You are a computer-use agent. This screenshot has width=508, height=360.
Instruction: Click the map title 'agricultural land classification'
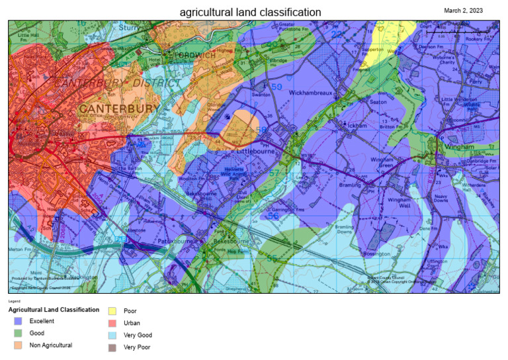tap(251, 12)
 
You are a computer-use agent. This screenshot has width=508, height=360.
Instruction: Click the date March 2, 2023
tap(463, 10)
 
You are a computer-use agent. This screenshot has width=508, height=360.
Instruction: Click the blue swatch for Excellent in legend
tap(18, 321)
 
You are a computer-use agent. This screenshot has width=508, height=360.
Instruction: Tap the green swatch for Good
tap(18, 333)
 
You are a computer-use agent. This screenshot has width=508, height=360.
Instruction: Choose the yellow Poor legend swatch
tap(112, 310)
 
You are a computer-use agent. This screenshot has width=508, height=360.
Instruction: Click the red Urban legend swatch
tap(112, 323)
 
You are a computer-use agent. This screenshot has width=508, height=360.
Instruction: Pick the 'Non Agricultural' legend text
tap(50, 345)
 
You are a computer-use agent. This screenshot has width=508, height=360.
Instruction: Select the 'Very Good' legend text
tap(138, 335)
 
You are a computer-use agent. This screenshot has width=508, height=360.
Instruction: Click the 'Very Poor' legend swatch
tap(112, 347)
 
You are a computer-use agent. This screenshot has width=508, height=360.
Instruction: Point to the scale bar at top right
tap(457, 31)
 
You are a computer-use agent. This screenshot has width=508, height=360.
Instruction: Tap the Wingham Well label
tap(399, 202)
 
